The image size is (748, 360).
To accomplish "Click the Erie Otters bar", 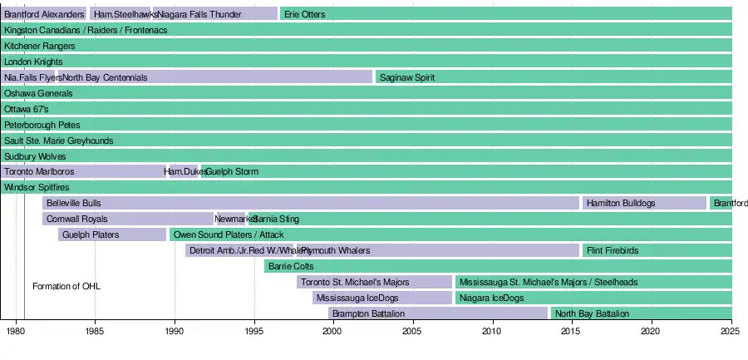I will click(505, 14).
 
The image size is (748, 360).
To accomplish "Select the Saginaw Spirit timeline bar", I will click(553, 77).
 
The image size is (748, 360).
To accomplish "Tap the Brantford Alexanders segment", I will click(44, 14).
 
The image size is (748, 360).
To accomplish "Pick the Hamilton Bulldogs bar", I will click(644, 203).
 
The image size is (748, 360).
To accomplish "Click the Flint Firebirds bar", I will click(657, 250).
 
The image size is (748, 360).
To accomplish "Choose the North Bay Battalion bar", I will click(641, 313).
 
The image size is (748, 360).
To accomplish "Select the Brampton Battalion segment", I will click(438, 313).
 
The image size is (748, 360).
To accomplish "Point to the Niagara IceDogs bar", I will click(593, 298).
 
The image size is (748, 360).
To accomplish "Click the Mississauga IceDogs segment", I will click(382, 298).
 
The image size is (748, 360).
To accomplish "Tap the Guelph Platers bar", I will click(112, 234).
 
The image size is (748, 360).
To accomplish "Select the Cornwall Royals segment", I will click(128, 219).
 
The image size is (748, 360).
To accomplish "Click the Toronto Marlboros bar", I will click(83, 171).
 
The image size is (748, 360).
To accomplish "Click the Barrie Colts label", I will click(291, 266).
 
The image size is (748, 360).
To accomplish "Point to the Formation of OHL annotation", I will click(66, 286).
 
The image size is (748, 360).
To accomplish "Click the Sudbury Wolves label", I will click(35, 155).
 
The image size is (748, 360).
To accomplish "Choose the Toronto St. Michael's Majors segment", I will click(374, 282).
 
